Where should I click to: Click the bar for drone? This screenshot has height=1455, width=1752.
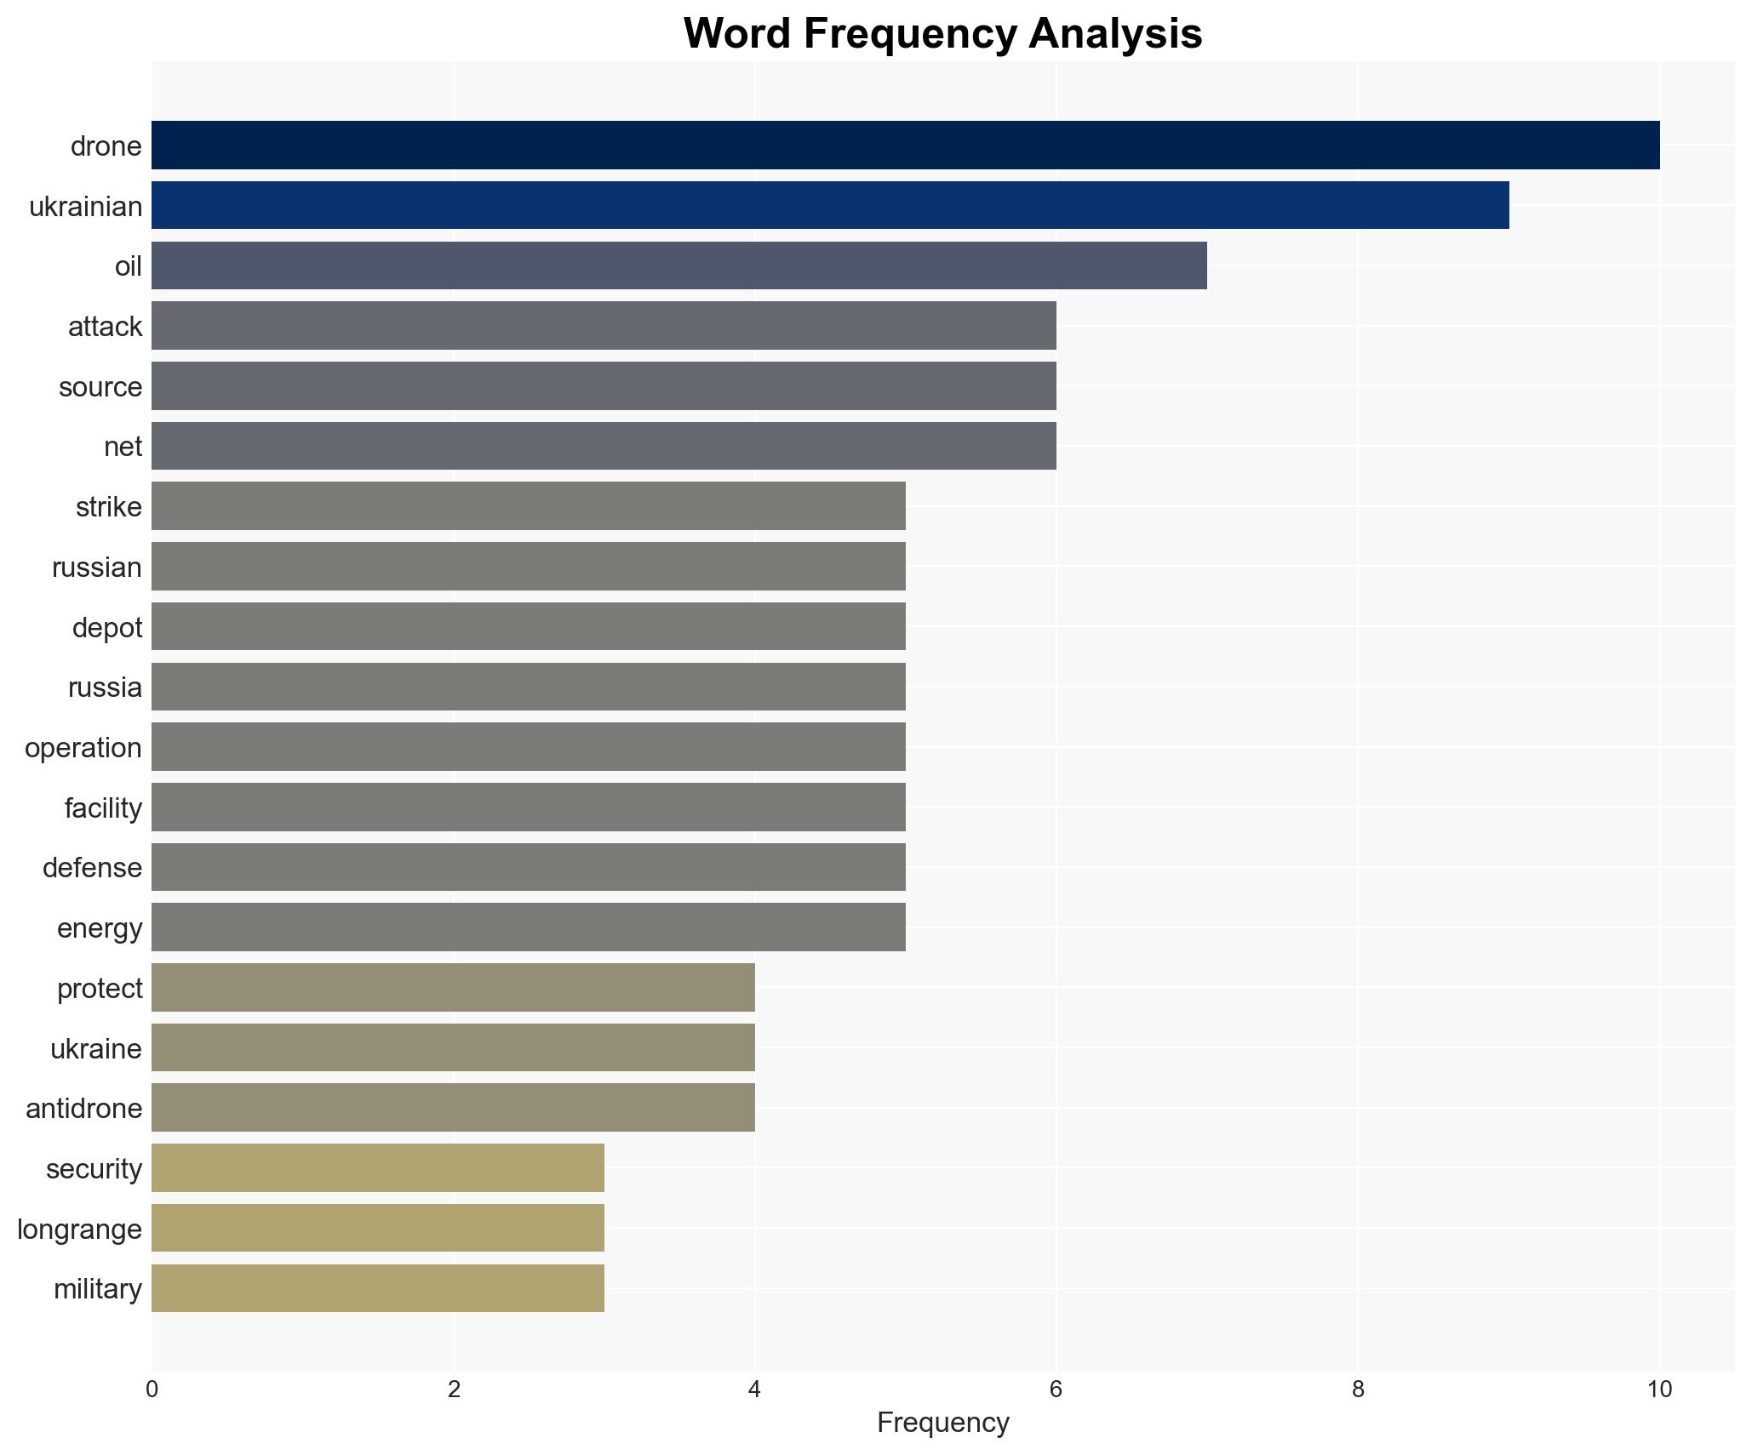tap(905, 145)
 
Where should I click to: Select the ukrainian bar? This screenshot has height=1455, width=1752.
tap(830, 206)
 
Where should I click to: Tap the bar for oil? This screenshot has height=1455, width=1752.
tap(678, 265)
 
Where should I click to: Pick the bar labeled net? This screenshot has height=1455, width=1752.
tap(604, 446)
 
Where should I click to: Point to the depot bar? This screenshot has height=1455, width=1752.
tap(528, 627)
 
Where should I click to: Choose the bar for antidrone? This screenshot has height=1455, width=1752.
tap(453, 1108)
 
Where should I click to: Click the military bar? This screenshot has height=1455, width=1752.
tap(378, 1288)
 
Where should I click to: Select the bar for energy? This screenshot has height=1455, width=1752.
tap(528, 927)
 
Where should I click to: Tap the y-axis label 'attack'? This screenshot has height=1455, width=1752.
tap(105, 327)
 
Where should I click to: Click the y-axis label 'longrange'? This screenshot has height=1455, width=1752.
tap(79, 1230)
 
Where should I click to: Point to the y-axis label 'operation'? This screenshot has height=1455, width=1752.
tap(83, 748)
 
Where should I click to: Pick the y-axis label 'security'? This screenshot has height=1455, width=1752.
tap(94, 1169)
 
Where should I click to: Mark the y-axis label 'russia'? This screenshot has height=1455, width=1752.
tap(105, 688)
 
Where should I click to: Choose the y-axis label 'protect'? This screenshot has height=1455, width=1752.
tap(100, 989)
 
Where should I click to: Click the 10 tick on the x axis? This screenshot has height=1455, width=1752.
tap(1659, 1389)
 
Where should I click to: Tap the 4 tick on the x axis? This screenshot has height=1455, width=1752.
tap(754, 1389)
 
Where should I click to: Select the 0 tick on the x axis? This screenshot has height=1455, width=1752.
tap(152, 1389)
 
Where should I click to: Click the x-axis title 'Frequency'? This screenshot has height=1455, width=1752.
tap(942, 1422)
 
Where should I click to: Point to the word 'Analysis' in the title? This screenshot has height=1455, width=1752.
tap(1114, 34)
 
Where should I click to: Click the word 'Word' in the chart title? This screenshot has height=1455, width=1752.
tap(736, 34)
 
